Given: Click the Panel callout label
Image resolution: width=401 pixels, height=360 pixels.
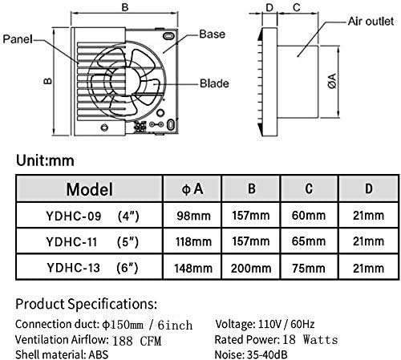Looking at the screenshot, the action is point(18,39).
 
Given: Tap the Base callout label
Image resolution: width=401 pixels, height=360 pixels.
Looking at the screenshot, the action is point(213,34).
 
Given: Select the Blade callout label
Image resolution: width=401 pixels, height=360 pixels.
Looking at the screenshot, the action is point(214,83).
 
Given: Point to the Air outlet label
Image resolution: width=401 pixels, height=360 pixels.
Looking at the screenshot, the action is point(371,21).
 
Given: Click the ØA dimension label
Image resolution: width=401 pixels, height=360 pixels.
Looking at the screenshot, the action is point(332,81).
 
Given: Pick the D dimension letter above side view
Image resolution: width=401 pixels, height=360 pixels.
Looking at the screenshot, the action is point(269,7).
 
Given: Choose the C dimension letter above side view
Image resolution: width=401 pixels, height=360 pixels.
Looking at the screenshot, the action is point(297,7).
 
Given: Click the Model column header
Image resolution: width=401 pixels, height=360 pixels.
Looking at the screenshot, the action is point(90,189).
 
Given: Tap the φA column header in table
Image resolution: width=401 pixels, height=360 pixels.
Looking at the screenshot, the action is point(192,188).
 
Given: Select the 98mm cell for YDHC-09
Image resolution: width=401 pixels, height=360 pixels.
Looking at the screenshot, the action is point(193,216).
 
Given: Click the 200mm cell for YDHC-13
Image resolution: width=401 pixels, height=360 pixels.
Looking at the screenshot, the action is point(251,268).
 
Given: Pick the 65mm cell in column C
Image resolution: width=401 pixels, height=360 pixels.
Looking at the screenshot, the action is point(309,241).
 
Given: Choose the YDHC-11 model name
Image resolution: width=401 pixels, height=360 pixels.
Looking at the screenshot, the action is point(71,242).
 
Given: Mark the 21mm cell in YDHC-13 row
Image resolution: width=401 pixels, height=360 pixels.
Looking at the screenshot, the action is point(368,268).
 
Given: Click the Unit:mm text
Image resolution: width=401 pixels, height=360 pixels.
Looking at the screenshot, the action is point(45,160).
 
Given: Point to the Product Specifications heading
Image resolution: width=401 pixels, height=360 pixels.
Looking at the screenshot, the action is point(86,304).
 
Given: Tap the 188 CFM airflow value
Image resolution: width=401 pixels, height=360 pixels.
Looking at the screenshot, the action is point(136,341).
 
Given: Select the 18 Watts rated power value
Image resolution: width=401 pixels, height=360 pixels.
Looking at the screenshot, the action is point(310,339).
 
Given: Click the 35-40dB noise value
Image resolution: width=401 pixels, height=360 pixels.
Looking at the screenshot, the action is point(267,354).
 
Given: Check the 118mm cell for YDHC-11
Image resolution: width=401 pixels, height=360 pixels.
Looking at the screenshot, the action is point(193,241).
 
